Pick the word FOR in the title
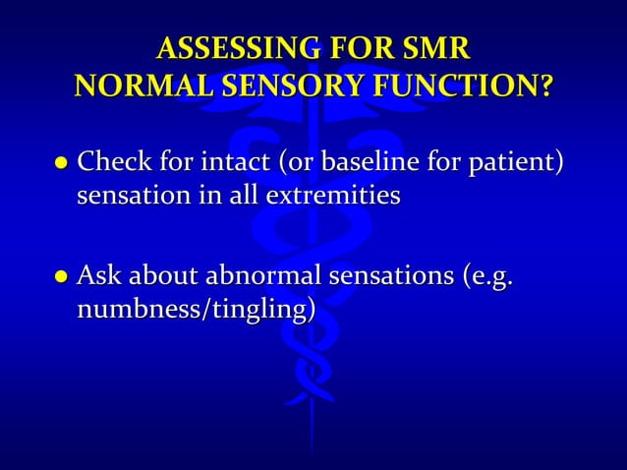point(363,48)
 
